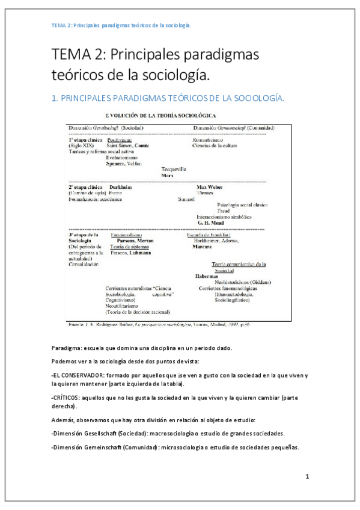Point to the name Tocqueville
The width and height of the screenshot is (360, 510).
(x=174, y=169)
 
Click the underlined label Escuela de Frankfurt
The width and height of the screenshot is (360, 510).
(x=210, y=235)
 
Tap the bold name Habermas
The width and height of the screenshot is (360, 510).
(x=206, y=276)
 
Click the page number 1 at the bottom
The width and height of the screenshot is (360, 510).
(x=307, y=477)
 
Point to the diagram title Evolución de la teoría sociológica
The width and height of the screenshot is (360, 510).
(x=152, y=114)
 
